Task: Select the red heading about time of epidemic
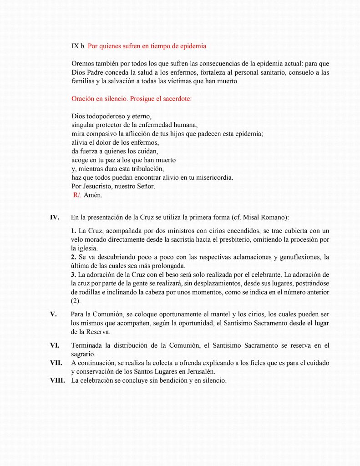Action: click(x=147, y=46)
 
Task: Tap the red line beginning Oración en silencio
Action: click(x=132, y=99)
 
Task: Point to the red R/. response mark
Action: click(x=77, y=195)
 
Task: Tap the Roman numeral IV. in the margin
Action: click(x=55, y=217)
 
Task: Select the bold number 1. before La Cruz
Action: click(x=74, y=231)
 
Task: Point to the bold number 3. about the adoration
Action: click(x=74, y=274)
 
